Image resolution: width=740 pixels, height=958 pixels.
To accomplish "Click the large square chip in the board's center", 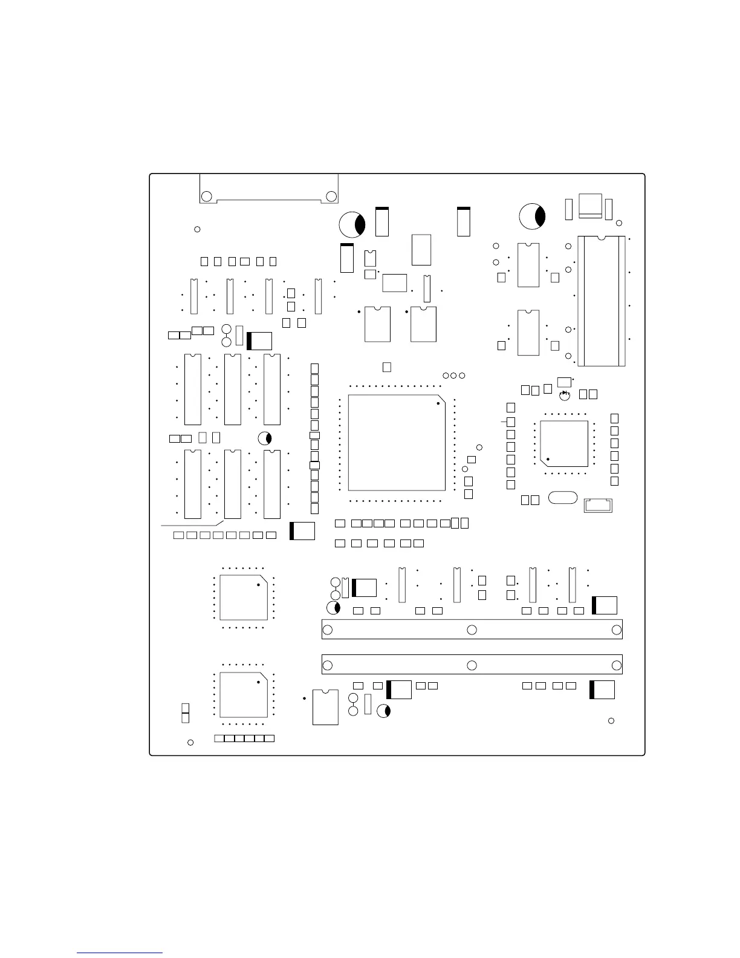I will pos(397,443).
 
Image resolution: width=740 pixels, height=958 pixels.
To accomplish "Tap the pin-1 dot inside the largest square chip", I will pos(438,403).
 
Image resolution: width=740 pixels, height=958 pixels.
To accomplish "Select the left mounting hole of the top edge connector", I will pos(206,196).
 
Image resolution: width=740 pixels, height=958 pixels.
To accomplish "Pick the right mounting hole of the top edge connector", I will pos(331,196).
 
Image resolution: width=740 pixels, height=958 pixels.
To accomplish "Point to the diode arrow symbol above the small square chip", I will pos(565,393).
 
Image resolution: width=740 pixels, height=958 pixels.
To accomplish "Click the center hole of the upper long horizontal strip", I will pos(472,630).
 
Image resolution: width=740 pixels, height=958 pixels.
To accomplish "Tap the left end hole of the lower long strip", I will pos(328,666).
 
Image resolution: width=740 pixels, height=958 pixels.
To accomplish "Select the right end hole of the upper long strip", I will pos(617,630).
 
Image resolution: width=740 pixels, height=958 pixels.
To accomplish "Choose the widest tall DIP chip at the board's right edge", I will pos(602,301).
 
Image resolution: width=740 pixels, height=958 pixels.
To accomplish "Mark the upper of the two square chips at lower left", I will pos(244,598).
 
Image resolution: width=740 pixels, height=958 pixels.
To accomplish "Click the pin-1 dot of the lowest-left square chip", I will pos(258,682).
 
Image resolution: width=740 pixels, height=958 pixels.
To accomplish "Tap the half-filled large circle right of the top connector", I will pos(352,225).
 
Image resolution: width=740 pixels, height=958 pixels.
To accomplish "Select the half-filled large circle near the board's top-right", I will pos(533,217).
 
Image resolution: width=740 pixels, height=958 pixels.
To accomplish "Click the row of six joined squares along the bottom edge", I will pos(245,738).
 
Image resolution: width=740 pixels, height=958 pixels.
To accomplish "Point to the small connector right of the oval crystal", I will pos(598,505).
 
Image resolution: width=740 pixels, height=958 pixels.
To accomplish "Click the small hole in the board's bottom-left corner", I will pos(190,742).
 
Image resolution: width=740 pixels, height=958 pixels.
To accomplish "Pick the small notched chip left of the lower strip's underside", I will pos(325,706).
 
